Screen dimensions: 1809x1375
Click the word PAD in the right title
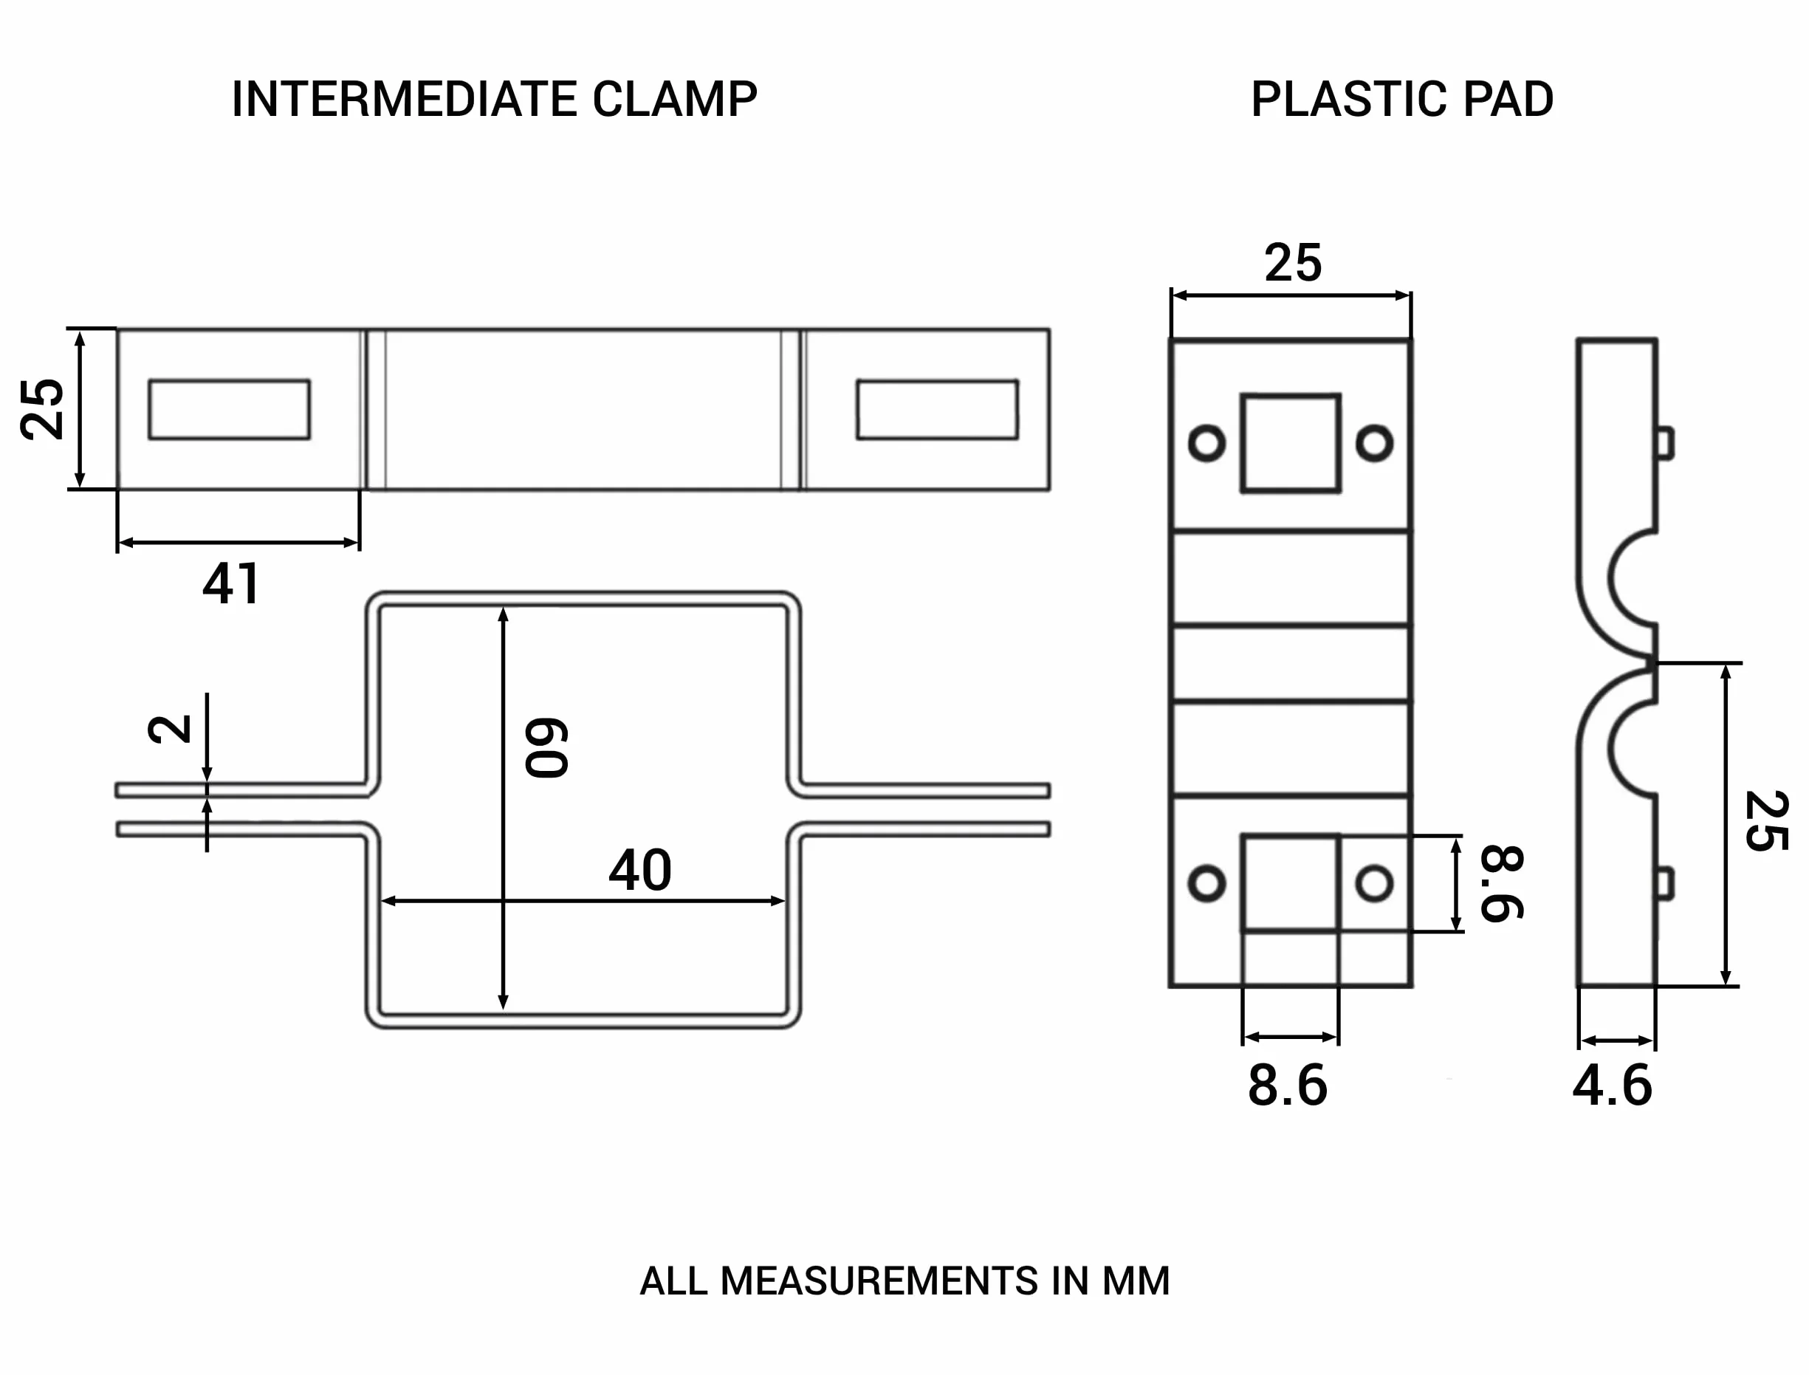1508,100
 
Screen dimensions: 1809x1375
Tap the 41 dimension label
232,583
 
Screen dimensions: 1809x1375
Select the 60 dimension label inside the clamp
546,747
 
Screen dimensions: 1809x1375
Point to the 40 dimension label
640,870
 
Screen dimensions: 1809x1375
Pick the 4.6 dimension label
1612,1086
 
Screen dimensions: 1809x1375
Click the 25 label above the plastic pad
1293,263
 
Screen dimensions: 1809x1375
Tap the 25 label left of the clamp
43,409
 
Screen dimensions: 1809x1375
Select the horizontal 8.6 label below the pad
1288,1086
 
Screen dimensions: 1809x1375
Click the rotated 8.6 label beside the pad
1502,883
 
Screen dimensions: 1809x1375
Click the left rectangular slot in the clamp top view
229,409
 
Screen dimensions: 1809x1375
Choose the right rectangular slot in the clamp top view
938,409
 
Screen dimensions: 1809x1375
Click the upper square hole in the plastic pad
1290,443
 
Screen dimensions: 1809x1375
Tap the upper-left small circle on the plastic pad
1206,443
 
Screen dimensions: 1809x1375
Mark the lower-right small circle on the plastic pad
1375,883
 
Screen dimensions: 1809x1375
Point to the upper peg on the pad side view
1665,443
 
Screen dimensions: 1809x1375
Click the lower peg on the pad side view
1665,883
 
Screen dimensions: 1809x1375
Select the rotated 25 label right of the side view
1765,821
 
